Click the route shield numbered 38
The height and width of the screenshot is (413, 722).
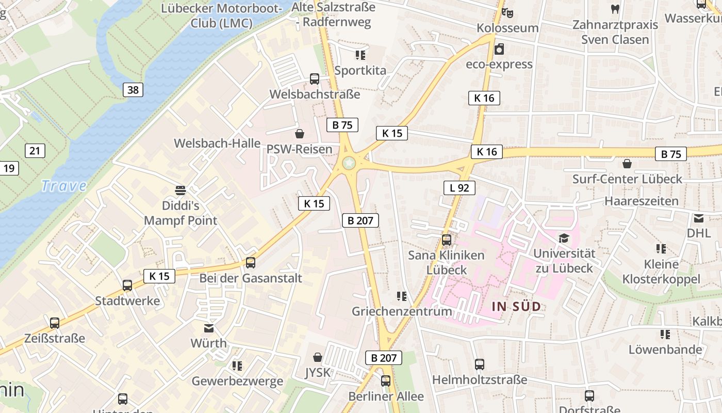[x=133, y=90]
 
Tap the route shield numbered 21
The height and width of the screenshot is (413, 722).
[x=35, y=151]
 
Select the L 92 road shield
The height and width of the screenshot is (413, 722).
[x=459, y=187]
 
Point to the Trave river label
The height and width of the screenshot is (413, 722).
[x=63, y=185]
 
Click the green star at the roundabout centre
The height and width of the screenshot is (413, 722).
[x=349, y=163]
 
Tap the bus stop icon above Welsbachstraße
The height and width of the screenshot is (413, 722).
[x=315, y=79]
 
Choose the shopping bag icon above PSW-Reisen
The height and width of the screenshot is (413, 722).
[x=300, y=134]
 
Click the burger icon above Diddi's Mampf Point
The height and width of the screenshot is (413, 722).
[x=180, y=190]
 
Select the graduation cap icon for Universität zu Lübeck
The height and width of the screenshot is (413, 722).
[x=564, y=238]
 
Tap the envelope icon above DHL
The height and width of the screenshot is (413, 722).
[x=699, y=218]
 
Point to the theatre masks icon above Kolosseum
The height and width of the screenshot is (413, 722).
[x=507, y=12]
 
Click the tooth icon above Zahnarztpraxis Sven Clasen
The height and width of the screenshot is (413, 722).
[x=615, y=9]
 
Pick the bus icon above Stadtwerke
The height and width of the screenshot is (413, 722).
[x=127, y=285]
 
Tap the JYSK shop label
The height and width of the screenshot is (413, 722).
[x=318, y=372]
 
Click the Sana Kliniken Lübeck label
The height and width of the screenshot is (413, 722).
[x=447, y=262]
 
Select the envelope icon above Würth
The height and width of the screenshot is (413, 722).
[x=209, y=328]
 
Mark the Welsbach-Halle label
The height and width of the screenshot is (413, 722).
[x=217, y=143]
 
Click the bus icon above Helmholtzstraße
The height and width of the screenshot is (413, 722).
[x=480, y=364]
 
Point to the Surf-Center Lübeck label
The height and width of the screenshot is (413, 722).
[x=627, y=179]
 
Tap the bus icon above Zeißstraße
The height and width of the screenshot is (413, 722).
[x=55, y=324]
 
